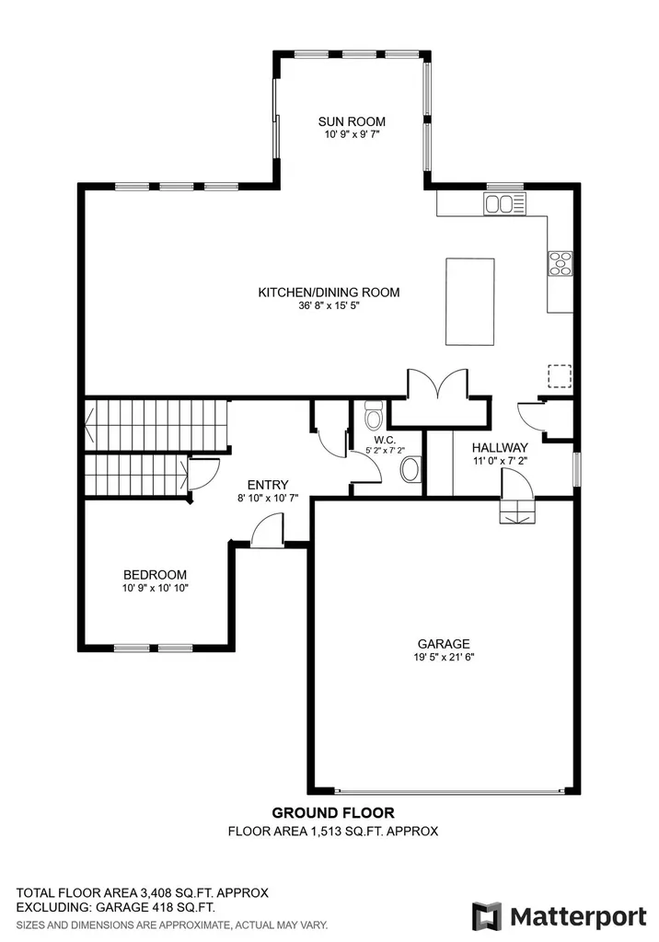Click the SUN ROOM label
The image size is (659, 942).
click(x=352, y=121)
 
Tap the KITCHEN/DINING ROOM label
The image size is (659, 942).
click(x=329, y=293)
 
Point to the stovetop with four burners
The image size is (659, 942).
click(x=561, y=264)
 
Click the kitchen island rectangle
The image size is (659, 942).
click(x=470, y=302)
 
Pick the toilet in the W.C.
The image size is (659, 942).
click(x=374, y=414)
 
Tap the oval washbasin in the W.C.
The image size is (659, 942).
click(x=410, y=469)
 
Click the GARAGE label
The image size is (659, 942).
click(x=444, y=643)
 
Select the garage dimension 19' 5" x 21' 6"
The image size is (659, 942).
click(x=444, y=657)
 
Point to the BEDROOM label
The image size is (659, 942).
click(x=156, y=575)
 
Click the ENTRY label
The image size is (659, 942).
click(x=268, y=485)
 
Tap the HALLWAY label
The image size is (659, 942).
click(x=500, y=448)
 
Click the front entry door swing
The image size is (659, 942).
click(x=267, y=529)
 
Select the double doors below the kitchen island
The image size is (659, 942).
click(x=438, y=384)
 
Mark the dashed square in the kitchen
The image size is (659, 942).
click(x=560, y=375)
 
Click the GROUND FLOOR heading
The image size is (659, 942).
click(x=333, y=813)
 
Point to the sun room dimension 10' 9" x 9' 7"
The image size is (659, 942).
click(x=353, y=134)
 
